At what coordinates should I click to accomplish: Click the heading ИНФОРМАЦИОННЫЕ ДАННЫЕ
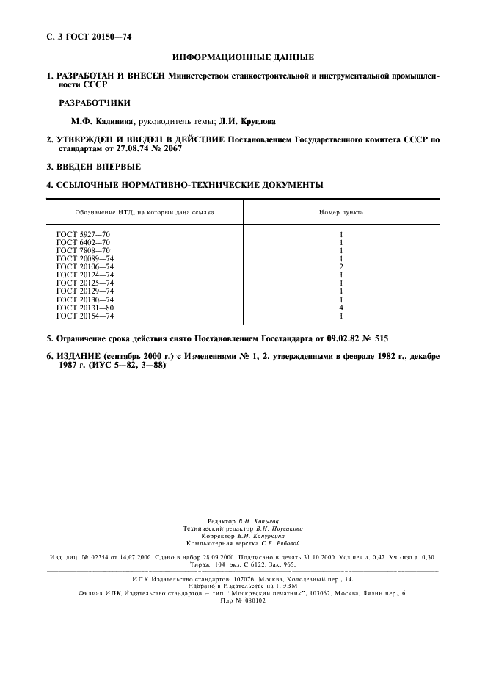[x=243, y=57]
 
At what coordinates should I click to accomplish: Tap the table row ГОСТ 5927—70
[x=83, y=234]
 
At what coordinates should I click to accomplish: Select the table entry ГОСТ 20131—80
[x=85, y=308]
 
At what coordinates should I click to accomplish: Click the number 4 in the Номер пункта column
[x=341, y=308]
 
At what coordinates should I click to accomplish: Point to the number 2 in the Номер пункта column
[x=341, y=266]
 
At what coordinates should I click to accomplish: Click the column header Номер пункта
[x=340, y=212]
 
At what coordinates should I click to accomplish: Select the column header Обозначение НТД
[x=144, y=212]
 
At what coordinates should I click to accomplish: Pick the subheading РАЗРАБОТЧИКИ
[x=90, y=103]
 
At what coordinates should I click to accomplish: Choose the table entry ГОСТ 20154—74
[x=85, y=316]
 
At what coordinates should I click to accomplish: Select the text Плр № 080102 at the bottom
[x=243, y=599]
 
